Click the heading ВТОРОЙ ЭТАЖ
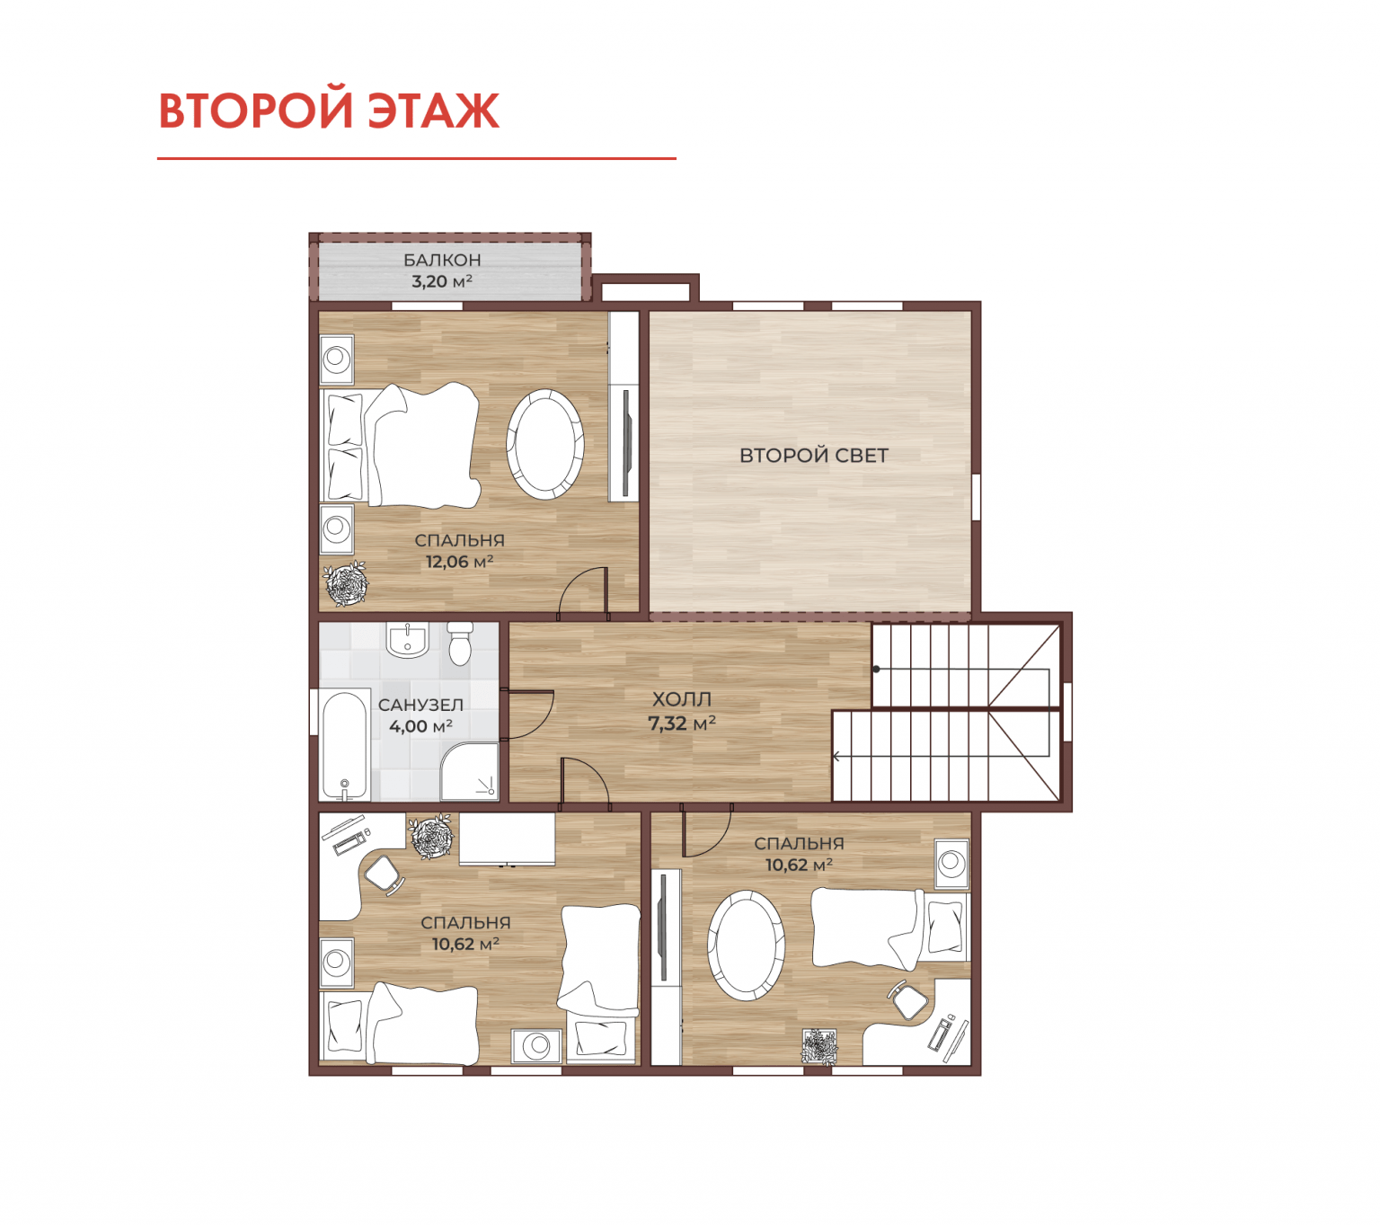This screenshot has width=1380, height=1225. (329, 110)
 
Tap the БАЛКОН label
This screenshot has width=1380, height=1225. (442, 260)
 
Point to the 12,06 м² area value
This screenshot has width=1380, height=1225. (459, 562)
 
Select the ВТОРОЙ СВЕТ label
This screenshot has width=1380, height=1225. (813, 455)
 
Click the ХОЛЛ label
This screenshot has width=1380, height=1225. (681, 699)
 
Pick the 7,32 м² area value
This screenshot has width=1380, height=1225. (681, 723)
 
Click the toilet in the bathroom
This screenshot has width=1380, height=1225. (461, 644)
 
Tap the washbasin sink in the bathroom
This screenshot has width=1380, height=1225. (407, 640)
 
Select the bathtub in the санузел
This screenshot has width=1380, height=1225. (345, 747)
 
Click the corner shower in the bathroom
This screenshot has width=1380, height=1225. (470, 771)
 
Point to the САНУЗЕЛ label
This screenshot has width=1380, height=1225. (420, 706)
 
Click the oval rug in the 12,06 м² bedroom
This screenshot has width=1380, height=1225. (544, 444)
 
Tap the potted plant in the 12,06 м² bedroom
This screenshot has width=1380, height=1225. (346, 583)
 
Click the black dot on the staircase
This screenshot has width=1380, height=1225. (876, 669)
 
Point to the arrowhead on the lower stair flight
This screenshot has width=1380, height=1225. (836, 756)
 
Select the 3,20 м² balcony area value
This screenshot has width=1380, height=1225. (442, 280)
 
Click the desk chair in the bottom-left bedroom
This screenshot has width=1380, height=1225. (383, 874)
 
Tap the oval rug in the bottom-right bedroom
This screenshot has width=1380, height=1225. (746, 945)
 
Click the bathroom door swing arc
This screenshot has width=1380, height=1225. (538, 715)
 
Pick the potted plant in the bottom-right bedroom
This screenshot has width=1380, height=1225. (819, 1046)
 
